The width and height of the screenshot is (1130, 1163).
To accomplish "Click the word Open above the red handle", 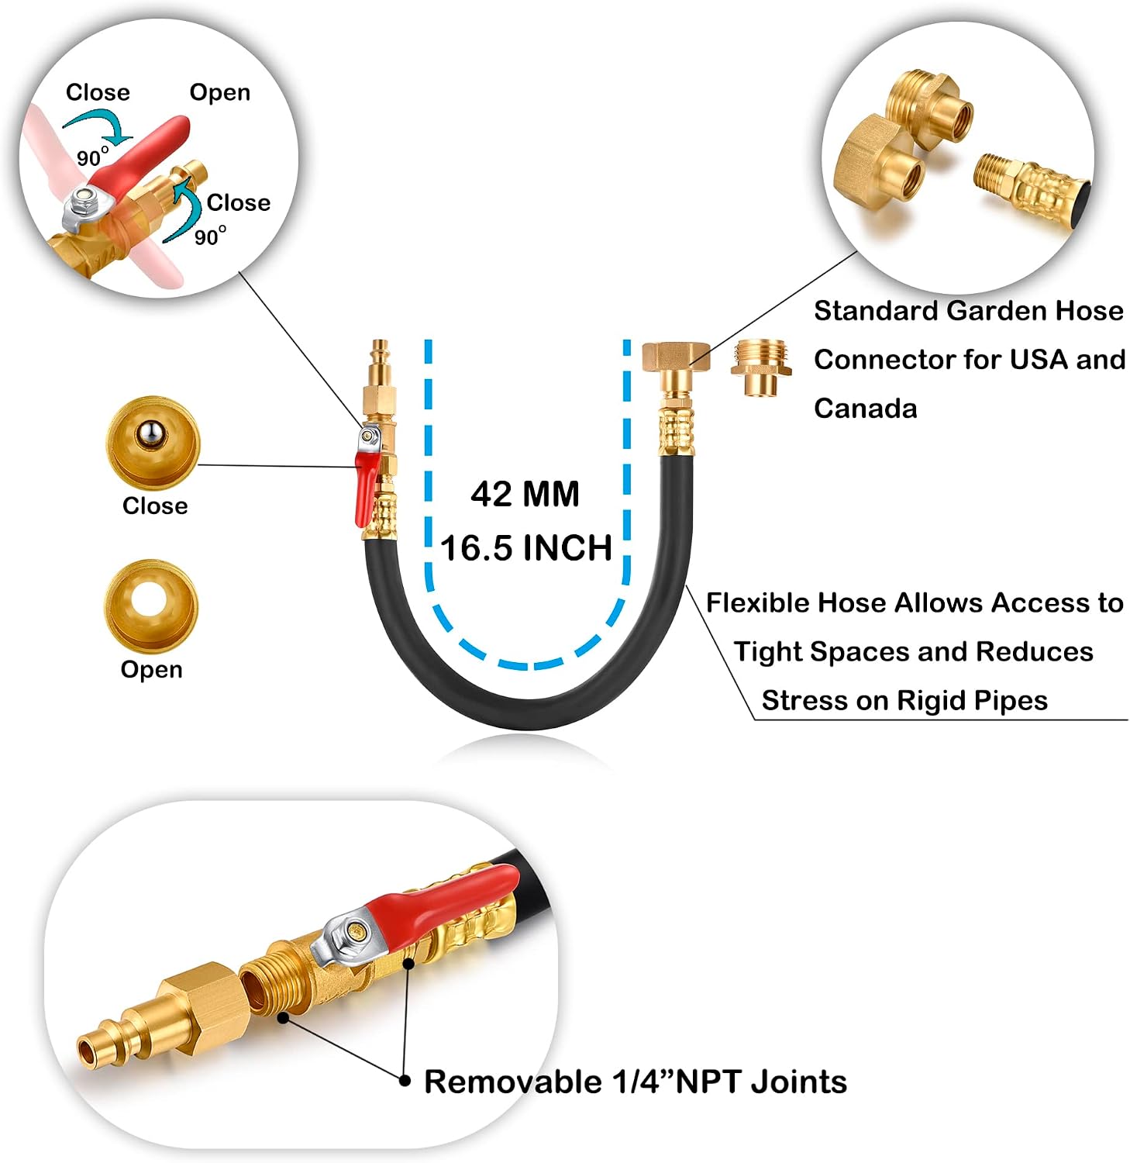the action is [x=220, y=93].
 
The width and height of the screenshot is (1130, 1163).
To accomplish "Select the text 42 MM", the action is [x=525, y=494].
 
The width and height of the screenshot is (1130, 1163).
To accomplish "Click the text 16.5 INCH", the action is [x=526, y=548].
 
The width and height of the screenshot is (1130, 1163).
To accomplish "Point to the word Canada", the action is [x=865, y=408].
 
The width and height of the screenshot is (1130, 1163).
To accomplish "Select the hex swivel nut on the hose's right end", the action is [x=676, y=356].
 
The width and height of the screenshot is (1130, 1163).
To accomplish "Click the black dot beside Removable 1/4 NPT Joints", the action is [x=404, y=1080].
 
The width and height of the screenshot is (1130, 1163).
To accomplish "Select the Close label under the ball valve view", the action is [x=155, y=506].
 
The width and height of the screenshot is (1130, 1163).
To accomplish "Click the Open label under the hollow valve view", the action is [x=152, y=669].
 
